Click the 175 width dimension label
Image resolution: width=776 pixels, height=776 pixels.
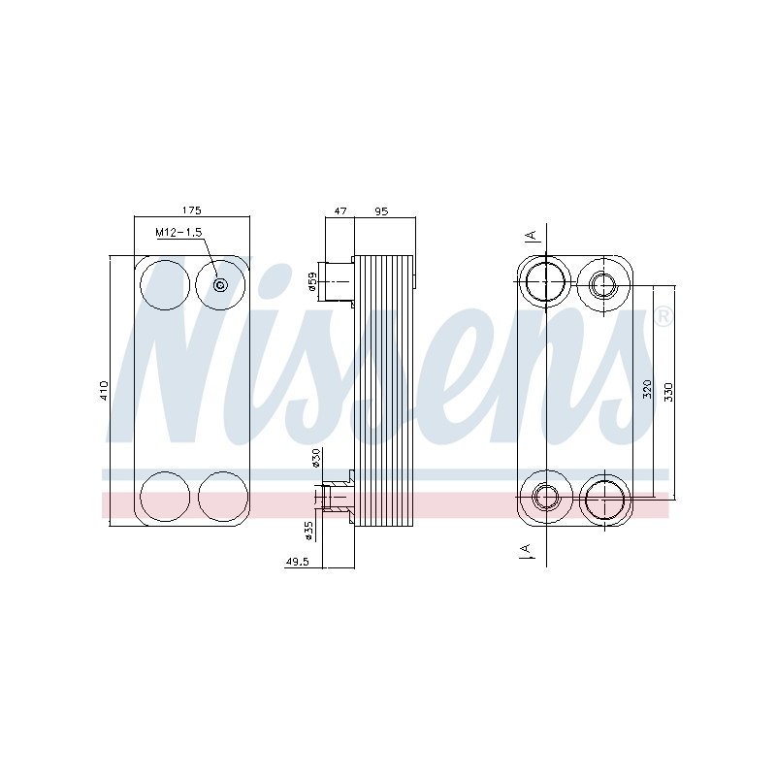(191, 210)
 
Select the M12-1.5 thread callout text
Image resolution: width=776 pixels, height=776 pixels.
(178, 232)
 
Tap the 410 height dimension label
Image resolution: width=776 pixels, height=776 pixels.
(104, 391)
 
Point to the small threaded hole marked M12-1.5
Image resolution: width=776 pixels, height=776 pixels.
(220, 285)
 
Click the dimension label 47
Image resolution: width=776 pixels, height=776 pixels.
(340, 211)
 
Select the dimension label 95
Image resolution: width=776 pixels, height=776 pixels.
(381, 211)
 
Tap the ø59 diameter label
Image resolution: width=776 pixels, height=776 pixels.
(312, 281)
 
